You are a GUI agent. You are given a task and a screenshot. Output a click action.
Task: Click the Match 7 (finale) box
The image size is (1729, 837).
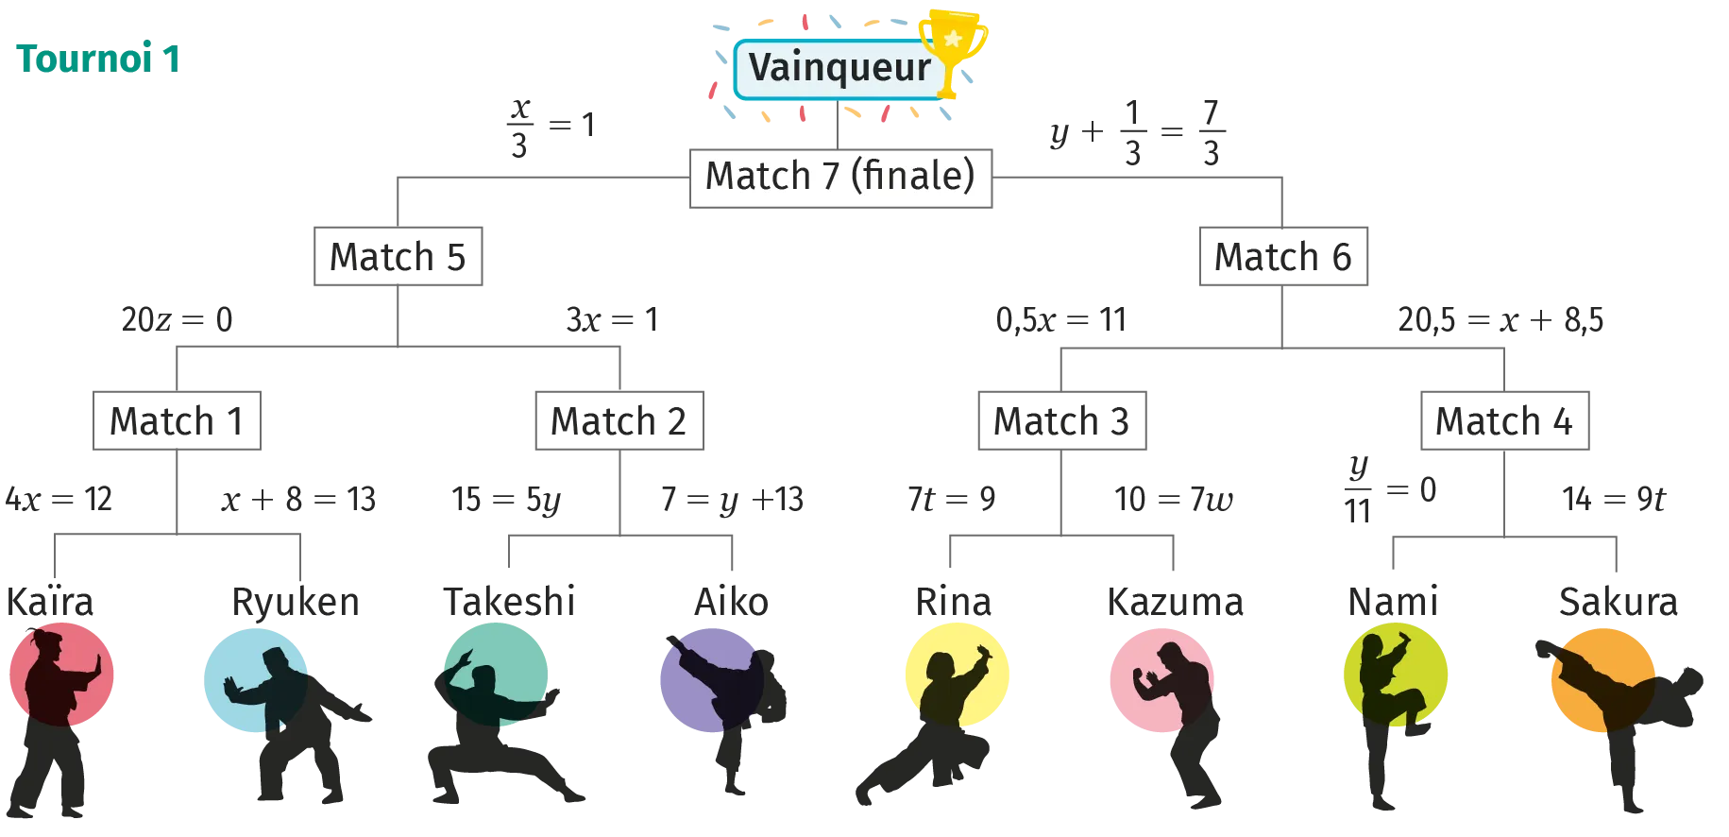840,178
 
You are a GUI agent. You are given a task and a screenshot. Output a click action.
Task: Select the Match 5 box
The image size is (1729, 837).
398,256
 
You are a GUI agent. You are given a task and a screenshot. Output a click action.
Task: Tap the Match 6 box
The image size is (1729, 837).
1282,256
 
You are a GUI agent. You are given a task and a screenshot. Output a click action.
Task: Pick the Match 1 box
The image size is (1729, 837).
177,420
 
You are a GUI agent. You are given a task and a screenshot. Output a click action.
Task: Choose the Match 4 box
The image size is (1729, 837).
1504,420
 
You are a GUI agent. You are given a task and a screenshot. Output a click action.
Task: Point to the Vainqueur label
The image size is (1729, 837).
839,68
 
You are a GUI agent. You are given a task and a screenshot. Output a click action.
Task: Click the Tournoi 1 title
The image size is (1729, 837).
98,59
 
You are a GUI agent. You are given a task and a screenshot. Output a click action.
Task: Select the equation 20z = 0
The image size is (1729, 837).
177,319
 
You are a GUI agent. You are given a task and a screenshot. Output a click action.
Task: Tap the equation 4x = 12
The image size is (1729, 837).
59,499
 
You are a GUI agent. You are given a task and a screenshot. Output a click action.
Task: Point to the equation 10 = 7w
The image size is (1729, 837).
1174,499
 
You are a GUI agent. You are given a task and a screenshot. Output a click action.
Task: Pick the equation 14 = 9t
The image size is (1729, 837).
1614,499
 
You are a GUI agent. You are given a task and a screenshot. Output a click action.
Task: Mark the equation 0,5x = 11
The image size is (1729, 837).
1061,320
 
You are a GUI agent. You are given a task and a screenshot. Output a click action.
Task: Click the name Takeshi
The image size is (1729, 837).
510,602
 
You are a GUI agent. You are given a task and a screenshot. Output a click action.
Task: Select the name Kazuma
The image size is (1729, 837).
1176,602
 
